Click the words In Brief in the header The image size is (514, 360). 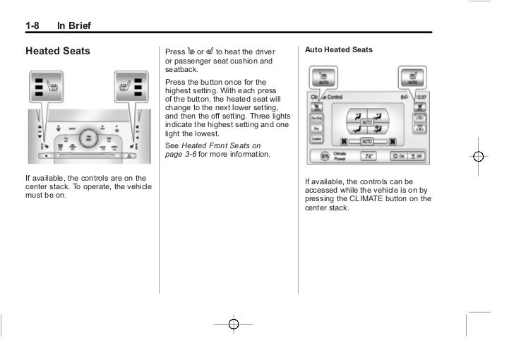74,27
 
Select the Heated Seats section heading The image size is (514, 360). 58,52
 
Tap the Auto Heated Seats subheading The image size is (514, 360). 339,51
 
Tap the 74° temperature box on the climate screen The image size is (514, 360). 369,157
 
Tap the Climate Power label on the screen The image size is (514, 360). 340,157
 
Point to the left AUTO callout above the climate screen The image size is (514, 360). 324,76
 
